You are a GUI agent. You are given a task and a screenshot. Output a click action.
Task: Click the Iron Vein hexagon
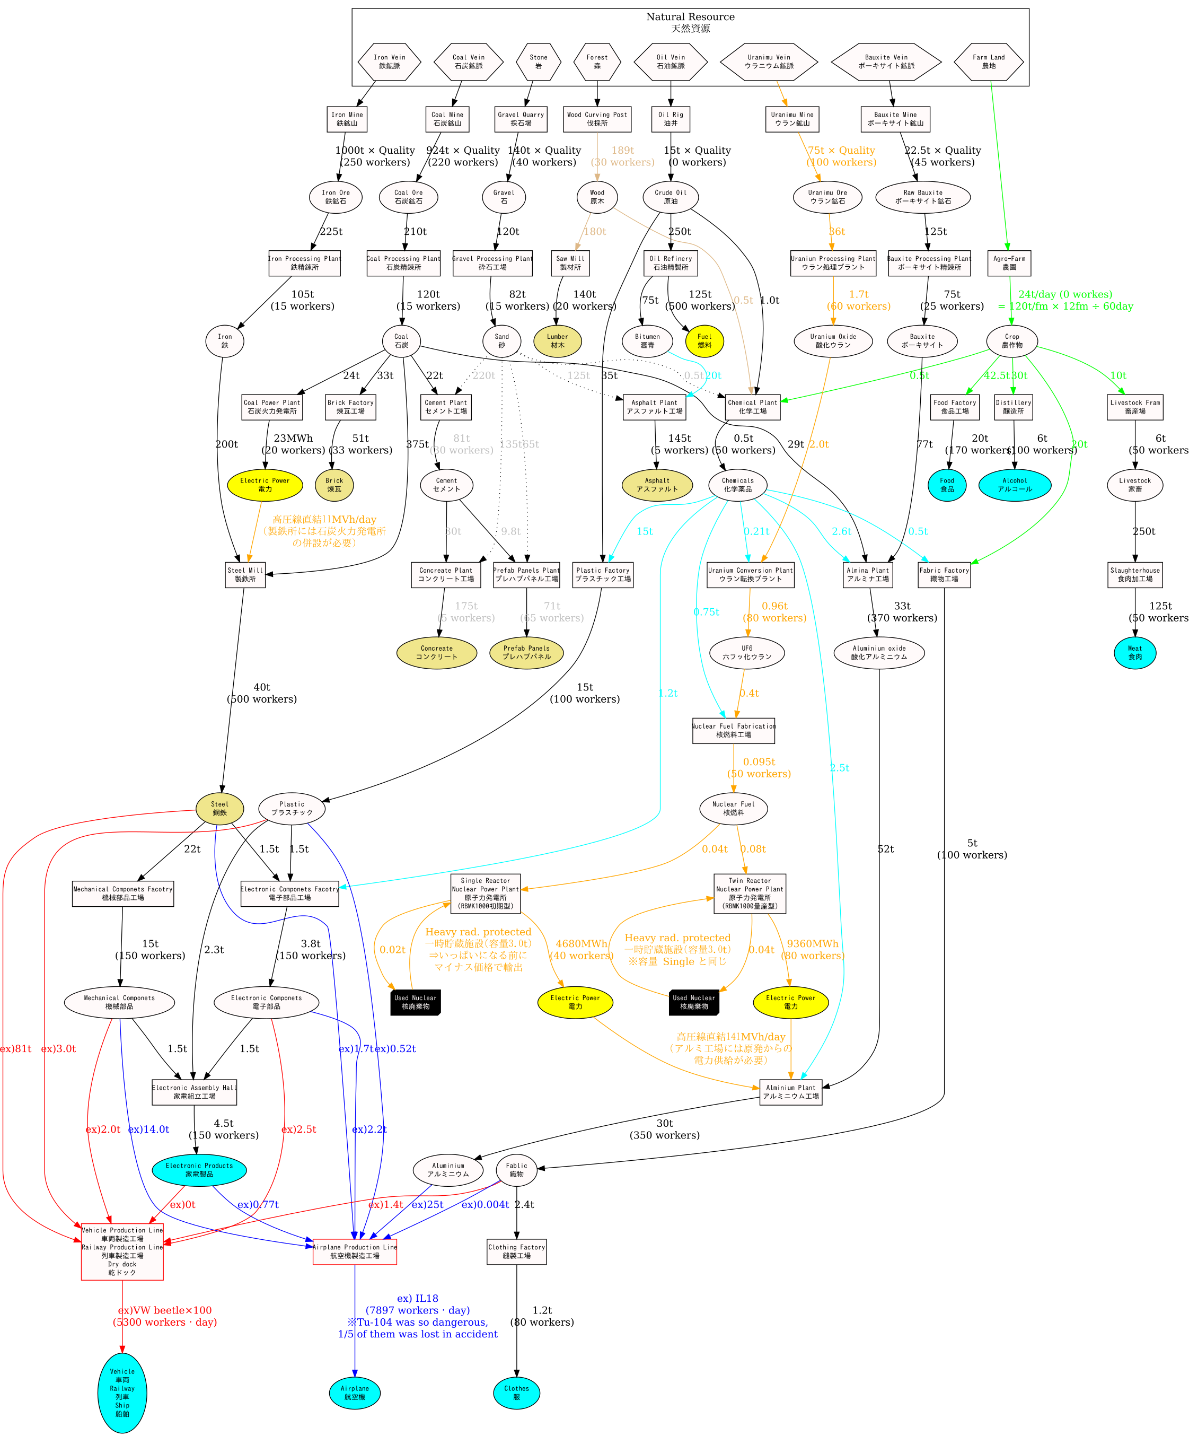(389, 62)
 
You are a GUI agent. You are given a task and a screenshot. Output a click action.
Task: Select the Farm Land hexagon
(988, 62)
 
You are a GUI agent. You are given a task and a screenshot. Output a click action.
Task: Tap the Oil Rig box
(670, 119)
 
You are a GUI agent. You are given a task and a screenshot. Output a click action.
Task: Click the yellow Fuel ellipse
(704, 340)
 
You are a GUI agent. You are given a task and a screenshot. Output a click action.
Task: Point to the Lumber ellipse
(557, 340)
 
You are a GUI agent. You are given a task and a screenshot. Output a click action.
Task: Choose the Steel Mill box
(245, 574)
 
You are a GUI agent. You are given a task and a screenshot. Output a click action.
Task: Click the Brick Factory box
(350, 407)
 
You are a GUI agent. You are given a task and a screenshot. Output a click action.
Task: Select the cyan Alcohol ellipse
(1015, 485)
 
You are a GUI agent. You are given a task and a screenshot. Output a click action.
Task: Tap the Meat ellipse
(1135, 652)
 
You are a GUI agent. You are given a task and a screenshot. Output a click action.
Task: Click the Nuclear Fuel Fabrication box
(733, 730)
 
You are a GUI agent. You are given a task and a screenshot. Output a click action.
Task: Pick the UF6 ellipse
(746, 652)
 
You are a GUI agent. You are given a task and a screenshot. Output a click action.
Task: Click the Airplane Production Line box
(354, 1251)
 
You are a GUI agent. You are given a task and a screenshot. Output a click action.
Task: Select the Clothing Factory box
(516, 1251)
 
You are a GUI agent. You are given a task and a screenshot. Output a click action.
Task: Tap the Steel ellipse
(219, 808)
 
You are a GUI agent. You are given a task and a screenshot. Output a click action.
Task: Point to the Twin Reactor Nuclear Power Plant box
(750, 893)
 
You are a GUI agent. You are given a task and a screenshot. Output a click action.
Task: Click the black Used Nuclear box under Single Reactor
(415, 1002)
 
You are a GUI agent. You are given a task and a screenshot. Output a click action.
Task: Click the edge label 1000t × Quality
(375, 151)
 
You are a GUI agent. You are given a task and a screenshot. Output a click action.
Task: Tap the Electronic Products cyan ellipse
(199, 1169)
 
